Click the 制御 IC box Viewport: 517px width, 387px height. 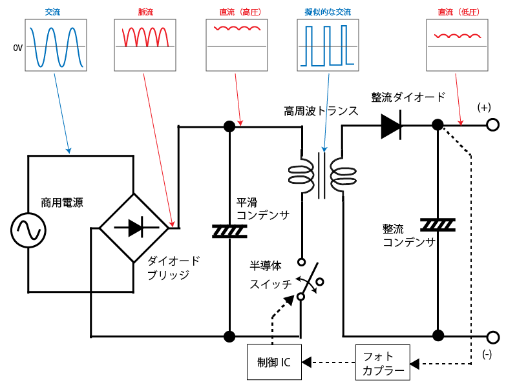tap(274, 362)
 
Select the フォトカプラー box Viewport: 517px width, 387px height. tap(383, 363)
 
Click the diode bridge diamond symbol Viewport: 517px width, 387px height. tap(134, 228)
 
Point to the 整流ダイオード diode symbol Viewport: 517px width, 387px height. tap(391, 126)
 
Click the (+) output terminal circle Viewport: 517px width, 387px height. tap(493, 126)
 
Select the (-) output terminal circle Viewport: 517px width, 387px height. tap(493, 337)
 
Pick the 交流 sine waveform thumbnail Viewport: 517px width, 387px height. tap(54, 45)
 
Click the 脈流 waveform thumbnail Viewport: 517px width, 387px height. tap(145, 45)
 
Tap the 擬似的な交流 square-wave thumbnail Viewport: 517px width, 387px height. tap(327, 45)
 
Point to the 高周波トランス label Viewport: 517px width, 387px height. tap(321, 111)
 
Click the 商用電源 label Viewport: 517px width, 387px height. tap(62, 203)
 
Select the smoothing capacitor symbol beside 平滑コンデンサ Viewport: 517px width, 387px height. tap(229, 230)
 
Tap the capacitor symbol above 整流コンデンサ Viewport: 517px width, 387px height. tap(438, 224)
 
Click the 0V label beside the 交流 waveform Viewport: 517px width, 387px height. tap(17, 48)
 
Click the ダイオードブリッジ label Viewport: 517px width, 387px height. tap(173, 268)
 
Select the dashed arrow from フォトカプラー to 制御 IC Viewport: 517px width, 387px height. tap(328, 363)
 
